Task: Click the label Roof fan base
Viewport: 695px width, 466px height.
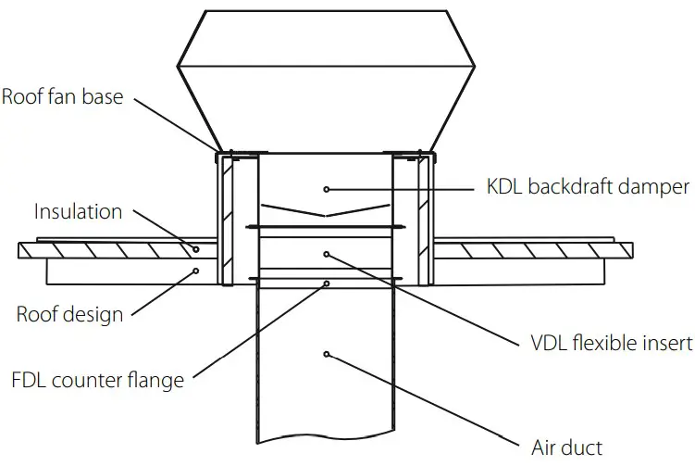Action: point(62,96)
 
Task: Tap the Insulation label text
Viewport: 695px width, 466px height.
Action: point(78,211)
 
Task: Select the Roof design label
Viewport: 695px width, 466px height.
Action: point(69,314)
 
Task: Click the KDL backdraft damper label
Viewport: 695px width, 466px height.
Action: point(588,187)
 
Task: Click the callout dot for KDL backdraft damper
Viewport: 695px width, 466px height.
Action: point(326,189)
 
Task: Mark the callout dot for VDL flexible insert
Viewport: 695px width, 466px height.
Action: point(326,252)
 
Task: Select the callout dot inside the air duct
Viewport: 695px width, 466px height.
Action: point(326,353)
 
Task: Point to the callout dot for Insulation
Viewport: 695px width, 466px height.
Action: point(196,249)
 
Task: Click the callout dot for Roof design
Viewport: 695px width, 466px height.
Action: point(196,271)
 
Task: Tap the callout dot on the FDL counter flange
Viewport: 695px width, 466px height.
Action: point(326,284)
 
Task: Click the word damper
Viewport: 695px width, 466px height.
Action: point(654,187)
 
